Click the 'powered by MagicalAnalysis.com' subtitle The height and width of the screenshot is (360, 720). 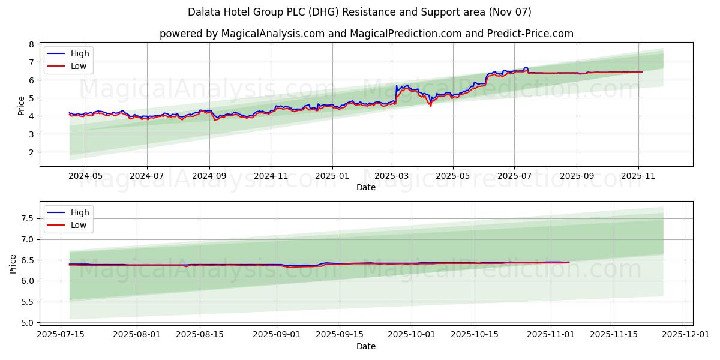[x=366, y=34]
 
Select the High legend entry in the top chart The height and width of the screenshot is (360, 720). [x=79, y=53]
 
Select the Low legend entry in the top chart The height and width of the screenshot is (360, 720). [x=79, y=66]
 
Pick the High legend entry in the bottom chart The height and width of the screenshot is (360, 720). [x=79, y=212]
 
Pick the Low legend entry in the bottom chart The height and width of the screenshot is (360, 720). [x=79, y=225]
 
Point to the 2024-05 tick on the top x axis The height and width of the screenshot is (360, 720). [x=85, y=176]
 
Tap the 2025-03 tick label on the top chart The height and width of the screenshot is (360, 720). [x=392, y=176]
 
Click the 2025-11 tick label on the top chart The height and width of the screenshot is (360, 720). [x=638, y=176]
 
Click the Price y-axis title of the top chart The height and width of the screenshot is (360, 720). [x=21, y=106]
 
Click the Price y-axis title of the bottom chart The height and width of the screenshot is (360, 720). [x=13, y=264]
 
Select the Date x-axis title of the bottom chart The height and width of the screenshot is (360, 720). [x=366, y=346]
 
